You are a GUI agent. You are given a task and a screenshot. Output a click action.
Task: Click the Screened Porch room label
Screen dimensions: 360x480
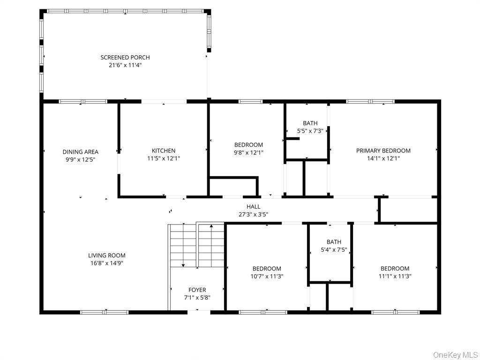[125, 58]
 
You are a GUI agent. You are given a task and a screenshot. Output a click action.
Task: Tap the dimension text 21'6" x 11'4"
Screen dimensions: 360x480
[125, 66]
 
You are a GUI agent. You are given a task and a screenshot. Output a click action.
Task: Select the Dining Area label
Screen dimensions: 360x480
[81, 152]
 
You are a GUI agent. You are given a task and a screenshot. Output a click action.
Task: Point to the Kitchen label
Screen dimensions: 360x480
[164, 151]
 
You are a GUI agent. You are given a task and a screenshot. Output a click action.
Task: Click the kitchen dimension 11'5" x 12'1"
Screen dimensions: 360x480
[164, 158]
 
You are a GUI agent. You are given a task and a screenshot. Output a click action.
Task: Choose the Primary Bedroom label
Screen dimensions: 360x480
[383, 151]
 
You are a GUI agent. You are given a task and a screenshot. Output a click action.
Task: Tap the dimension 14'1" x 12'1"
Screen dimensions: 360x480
[383, 158]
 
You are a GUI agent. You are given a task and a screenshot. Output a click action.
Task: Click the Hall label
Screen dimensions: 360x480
[254, 207]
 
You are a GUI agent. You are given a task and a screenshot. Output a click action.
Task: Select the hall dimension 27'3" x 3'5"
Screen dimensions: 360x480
[254, 214]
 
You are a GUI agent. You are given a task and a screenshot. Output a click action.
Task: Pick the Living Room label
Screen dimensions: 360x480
[107, 256]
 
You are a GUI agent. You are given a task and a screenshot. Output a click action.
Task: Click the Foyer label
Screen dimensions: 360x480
[197, 290]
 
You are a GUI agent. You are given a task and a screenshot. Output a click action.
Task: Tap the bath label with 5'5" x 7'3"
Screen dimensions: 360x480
[310, 124]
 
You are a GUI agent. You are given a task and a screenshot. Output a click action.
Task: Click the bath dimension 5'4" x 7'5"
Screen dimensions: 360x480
[334, 250]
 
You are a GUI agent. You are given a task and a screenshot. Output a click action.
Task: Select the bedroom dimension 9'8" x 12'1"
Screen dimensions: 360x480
[248, 153]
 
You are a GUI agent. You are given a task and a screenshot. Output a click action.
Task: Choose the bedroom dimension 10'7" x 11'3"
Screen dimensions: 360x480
[267, 277]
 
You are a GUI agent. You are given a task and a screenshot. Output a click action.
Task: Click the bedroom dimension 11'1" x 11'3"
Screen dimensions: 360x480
[395, 277]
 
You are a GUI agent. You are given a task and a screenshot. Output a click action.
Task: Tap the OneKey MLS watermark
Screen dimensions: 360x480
[456, 354]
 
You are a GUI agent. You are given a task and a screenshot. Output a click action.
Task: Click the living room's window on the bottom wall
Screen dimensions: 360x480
[104, 312]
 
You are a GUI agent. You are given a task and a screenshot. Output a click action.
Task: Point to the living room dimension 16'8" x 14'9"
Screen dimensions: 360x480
[107, 263]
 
